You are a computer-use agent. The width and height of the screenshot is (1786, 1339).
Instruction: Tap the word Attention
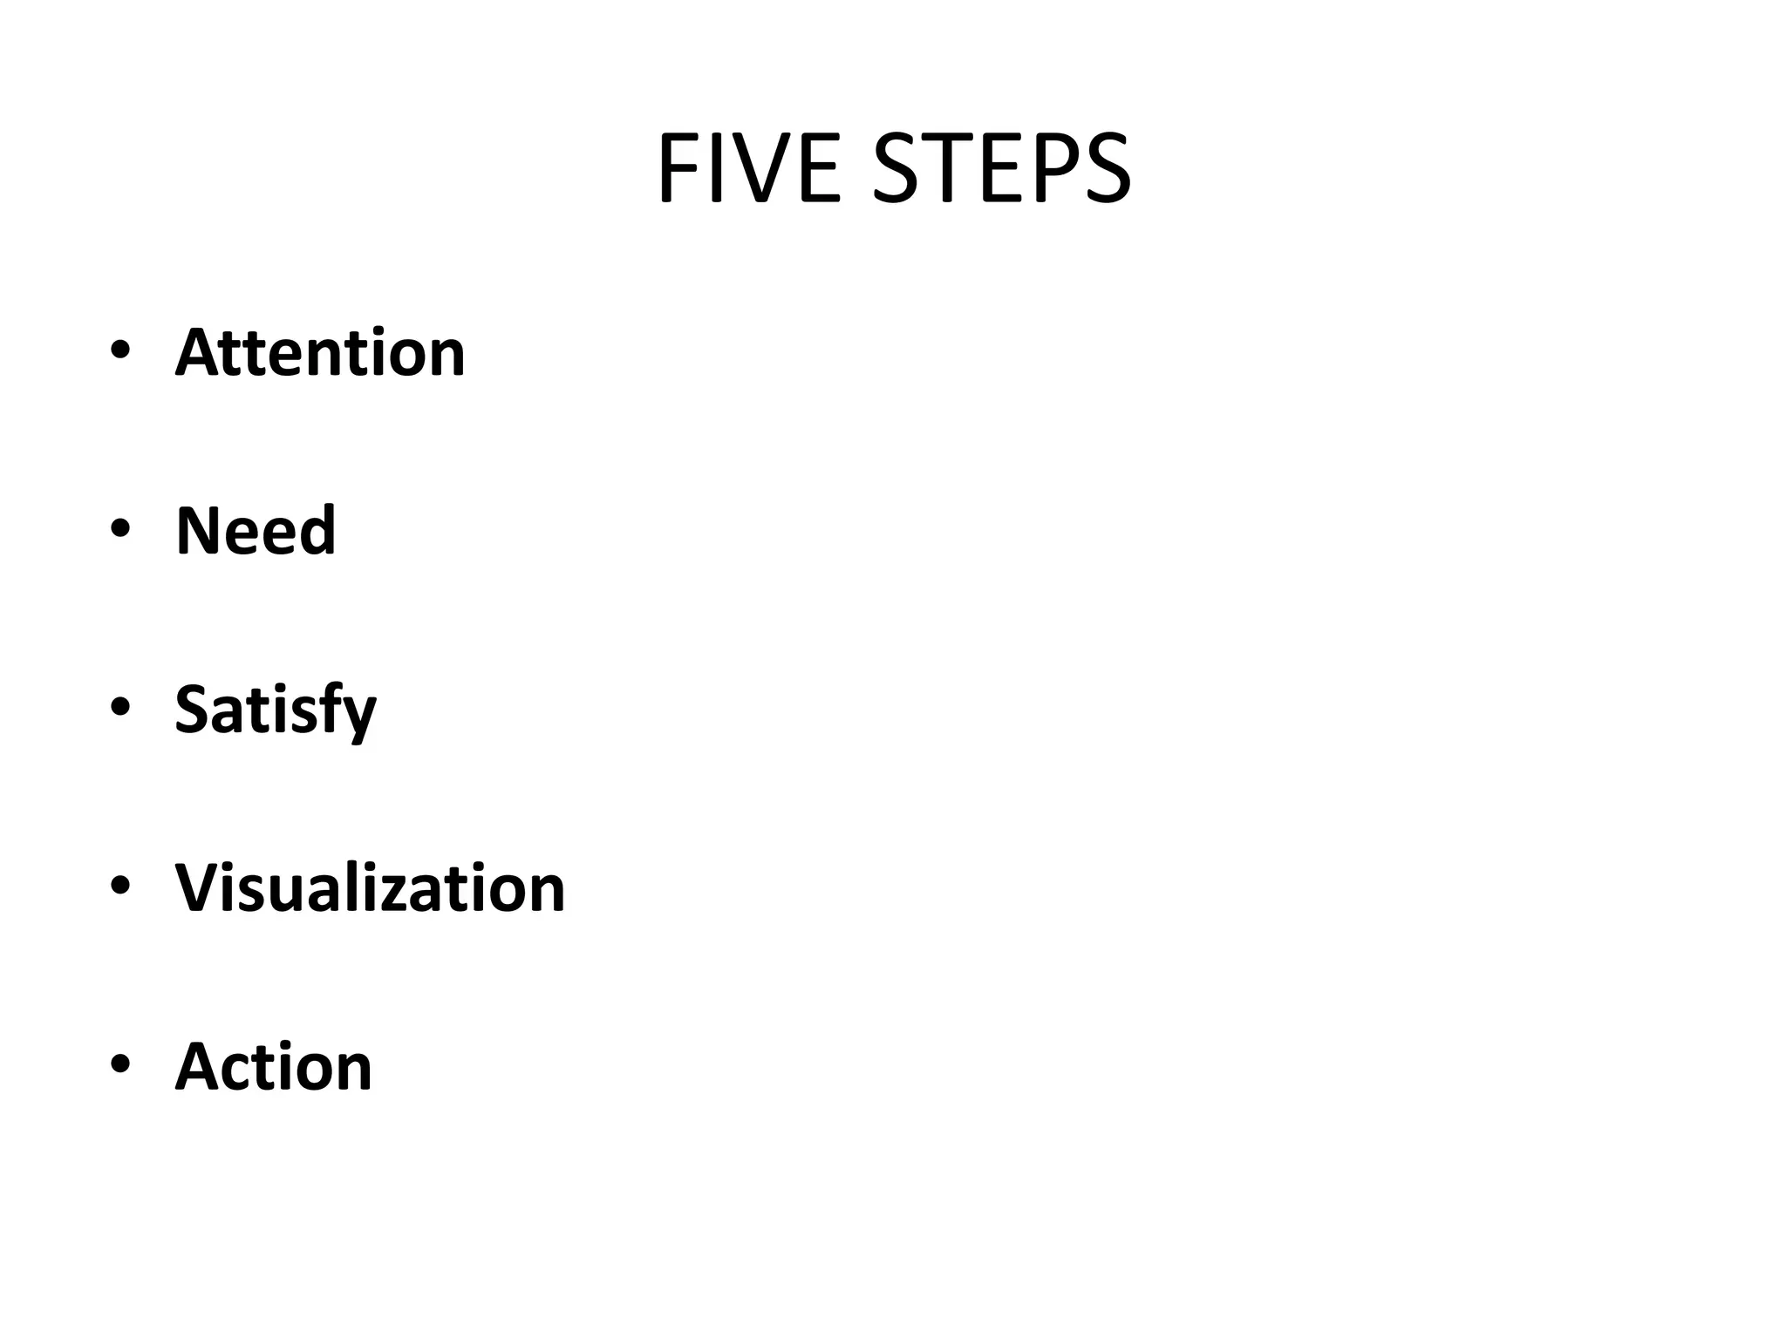click(x=320, y=352)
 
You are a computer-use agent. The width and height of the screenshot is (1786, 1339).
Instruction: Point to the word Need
click(x=256, y=530)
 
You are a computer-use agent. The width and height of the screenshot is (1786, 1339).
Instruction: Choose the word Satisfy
click(x=276, y=710)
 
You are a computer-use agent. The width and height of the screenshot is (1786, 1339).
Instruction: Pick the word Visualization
click(x=371, y=887)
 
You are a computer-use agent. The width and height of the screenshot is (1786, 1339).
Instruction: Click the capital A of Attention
click(x=199, y=352)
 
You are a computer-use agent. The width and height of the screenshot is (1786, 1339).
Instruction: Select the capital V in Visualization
click(x=200, y=887)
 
